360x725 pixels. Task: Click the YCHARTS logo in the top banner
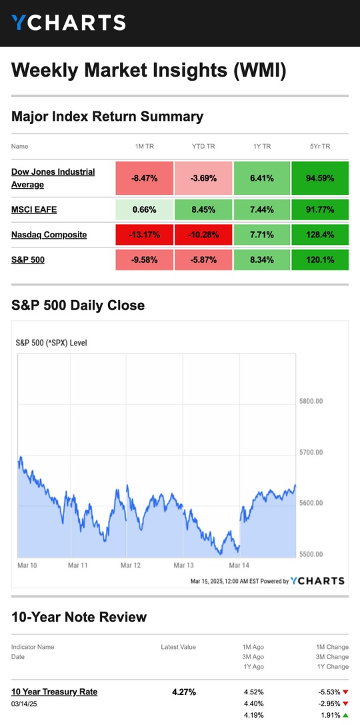(x=69, y=23)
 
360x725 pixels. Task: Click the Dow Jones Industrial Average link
(x=53, y=178)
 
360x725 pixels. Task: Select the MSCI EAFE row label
(x=34, y=210)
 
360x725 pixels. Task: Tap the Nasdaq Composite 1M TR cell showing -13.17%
(x=145, y=235)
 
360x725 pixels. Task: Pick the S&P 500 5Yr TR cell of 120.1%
(x=320, y=260)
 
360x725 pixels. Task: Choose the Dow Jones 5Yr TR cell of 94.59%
(x=320, y=178)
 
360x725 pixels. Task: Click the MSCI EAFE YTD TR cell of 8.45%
(x=204, y=210)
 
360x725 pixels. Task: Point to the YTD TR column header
(x=203, y=147)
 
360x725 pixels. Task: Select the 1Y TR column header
(x=262, y=147)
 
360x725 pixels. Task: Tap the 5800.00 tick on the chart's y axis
(x=311, y=401)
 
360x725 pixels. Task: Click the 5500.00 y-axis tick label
(x=311, y=554)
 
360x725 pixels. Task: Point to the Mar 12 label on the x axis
(x=131, y=565)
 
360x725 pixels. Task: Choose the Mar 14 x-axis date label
(x=239, y=565)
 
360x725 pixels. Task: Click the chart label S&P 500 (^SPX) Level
(x=51, y=343)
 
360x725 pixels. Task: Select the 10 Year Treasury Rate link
(x=55, y=692)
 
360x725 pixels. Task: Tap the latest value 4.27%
(x=184, y=692)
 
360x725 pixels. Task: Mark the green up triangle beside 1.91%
(x=346, y=715)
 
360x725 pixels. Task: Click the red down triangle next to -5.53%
(x=346, y=692)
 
